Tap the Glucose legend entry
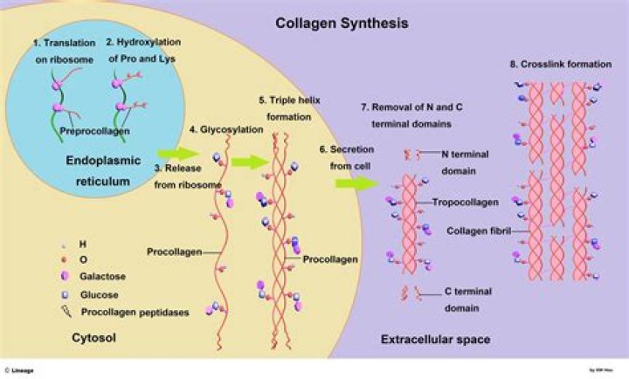click(x=99, y=295)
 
